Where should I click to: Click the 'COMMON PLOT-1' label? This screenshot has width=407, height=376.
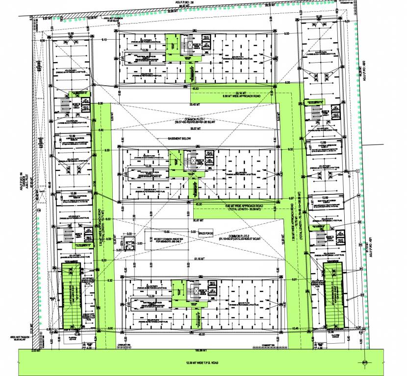click(x=195, y=119)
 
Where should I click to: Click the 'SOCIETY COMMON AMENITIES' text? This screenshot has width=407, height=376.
click(x=169, y=237)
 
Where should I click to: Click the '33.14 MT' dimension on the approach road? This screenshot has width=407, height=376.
click(x=242, y=92)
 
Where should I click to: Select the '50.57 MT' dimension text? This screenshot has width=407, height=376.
click(x=195, y=129)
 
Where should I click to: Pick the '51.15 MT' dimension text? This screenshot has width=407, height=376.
click(x=198, y=258)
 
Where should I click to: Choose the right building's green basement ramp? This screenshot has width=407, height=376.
click(x=335, y=295)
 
